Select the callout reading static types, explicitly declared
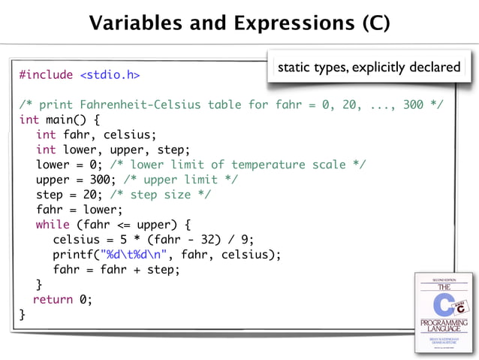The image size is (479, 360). pos(369,68)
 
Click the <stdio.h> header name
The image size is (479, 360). pos(110,74)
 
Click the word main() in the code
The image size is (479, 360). pos(67,119)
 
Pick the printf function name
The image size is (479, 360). pos(75,255)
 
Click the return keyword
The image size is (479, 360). pos(53,299)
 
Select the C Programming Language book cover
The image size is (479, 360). pos(444,310)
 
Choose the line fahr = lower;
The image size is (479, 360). pos(78,210)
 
